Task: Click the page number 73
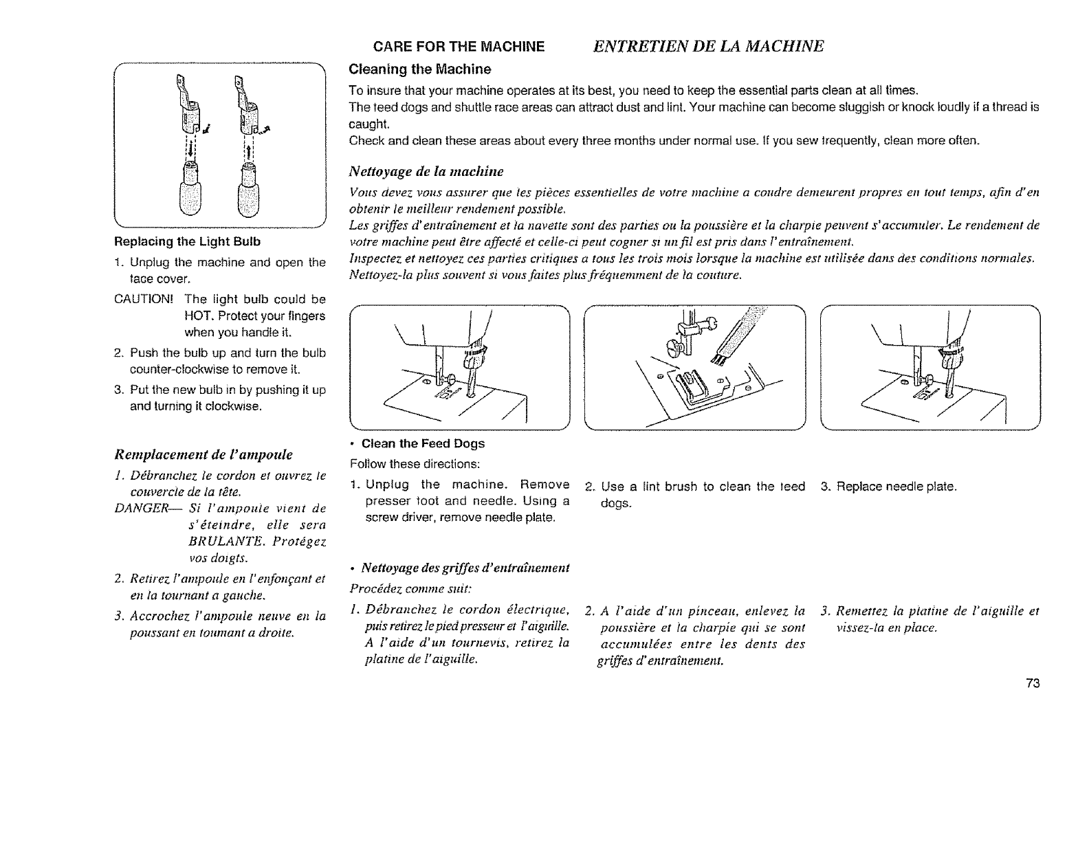pos(1032,683)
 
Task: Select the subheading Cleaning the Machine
pos(419,69)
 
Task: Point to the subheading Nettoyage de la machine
pos(426,170)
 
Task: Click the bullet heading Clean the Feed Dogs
pos(423,443)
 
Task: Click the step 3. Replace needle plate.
pos(889,487)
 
